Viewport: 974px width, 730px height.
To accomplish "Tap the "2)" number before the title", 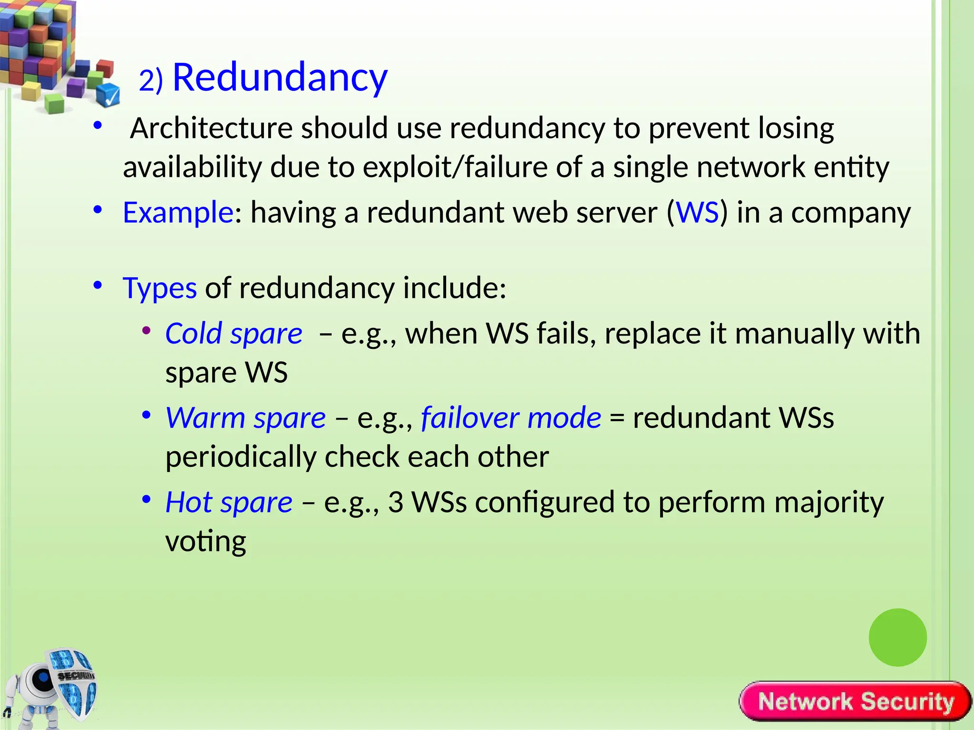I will coord(151,80).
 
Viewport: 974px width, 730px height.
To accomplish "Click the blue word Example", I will coord(177,212).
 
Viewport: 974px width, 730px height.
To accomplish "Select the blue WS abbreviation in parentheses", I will coord(697,212).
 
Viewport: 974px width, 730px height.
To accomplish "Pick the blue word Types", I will coord(159,288).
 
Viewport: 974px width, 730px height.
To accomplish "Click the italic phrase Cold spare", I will coord(234,333).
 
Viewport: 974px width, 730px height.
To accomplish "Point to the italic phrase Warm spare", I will coord(245,418).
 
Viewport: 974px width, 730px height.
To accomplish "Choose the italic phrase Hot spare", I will coord(229,502).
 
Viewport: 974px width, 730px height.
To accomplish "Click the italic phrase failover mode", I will coord(511,418).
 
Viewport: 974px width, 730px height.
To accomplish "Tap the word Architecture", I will coord(211,128).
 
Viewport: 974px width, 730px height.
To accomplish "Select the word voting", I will coord(205,541).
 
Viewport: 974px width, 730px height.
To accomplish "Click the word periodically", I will coord(241,457).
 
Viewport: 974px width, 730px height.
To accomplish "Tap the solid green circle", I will coord(897,637).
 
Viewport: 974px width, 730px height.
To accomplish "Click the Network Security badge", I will coord(855,701).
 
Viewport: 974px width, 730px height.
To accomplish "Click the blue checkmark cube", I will coord(108,95).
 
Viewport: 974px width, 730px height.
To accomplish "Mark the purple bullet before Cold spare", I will coord(146,330).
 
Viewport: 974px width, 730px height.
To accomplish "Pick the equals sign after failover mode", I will coord(617,419).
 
